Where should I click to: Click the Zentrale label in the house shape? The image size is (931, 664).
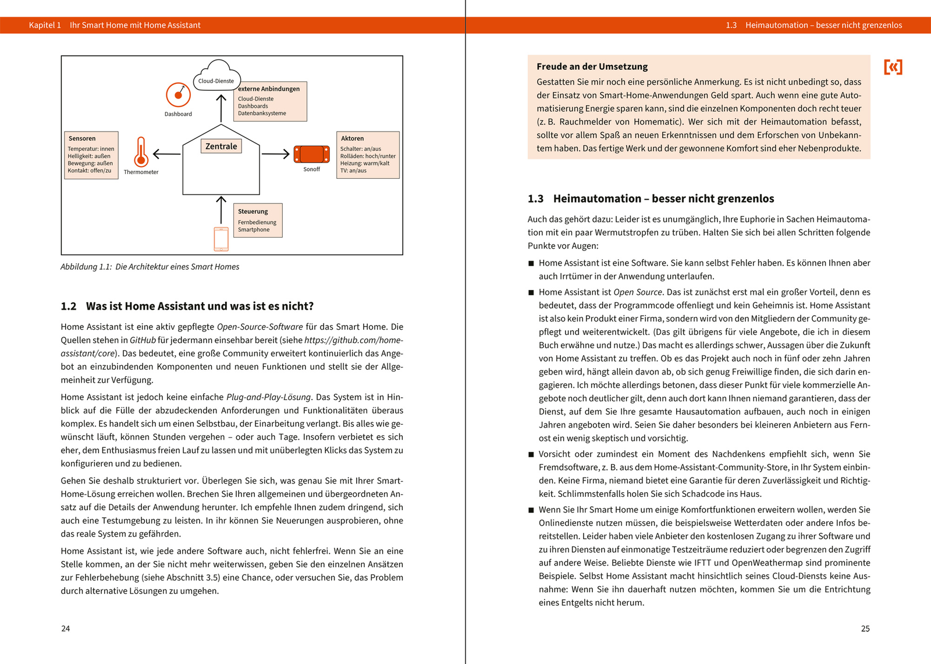221,146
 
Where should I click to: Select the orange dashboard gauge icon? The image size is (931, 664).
178,94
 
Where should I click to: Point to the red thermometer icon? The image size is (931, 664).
140,152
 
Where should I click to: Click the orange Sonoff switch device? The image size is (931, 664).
311,154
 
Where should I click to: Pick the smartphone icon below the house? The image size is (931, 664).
221,239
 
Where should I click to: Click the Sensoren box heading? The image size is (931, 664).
82,139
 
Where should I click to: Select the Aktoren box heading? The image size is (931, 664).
352,139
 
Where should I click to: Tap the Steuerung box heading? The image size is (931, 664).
253,211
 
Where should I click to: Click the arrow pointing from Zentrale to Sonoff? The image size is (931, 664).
275,154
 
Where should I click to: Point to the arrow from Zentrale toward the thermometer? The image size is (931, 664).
166,154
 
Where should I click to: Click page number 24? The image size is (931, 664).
66,628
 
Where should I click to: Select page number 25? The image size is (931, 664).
865,628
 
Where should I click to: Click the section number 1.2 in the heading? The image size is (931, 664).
69,306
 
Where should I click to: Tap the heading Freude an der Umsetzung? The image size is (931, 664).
592,66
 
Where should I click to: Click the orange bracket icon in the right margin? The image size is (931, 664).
893,67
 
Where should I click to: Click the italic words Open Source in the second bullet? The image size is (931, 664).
638,292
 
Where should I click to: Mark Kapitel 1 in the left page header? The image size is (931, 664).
45,25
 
